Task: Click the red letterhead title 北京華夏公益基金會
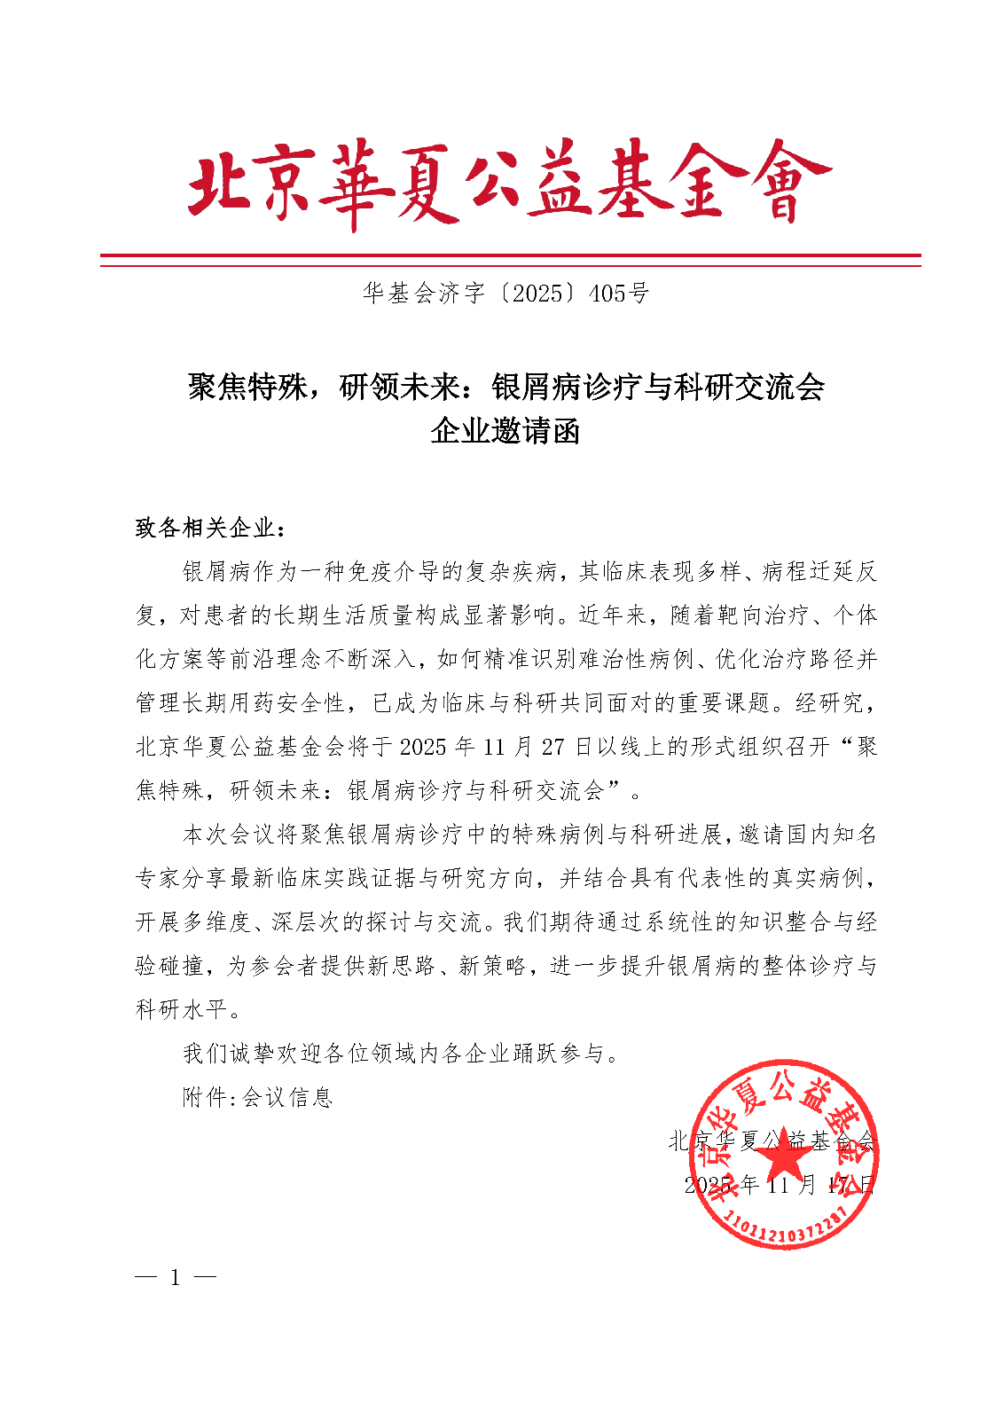tap(509, 184)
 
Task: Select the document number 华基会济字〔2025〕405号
tap(505, 294)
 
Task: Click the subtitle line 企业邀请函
tap(505, 432)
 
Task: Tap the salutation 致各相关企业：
tap(211, 529)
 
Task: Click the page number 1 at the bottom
tap(175, 1278)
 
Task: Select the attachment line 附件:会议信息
tap(257, 1098)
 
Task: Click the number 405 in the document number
tap(608, 294)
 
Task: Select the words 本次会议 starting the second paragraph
tap(229, 835)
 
